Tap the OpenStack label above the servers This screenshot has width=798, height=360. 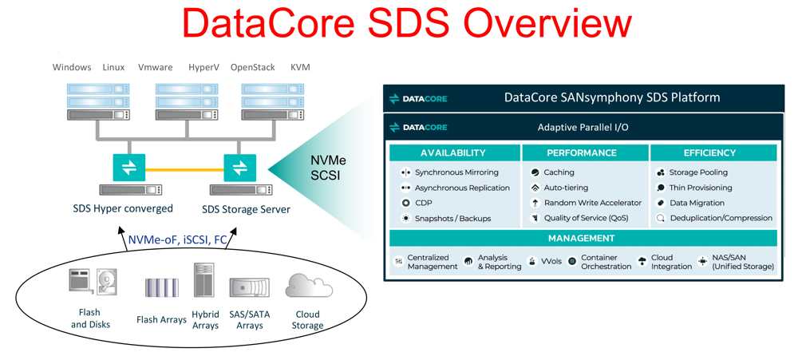[252, 67]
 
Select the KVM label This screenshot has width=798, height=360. [300, 67]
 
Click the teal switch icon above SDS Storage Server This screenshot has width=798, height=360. [239, 168]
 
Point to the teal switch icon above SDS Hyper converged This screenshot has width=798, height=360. [128, 168]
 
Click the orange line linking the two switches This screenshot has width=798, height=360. [184, 169]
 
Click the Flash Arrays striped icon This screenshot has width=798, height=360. [162, 287]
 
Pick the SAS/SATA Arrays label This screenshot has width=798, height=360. [249, 320]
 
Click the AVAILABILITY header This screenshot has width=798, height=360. [453, 152]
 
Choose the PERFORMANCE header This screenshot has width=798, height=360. [582, 152]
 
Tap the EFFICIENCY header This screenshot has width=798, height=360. [709, 152]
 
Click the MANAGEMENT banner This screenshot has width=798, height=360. [582, 239]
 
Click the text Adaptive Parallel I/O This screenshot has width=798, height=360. [583, 128]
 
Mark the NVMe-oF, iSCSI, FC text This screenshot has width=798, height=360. [176, 239]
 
